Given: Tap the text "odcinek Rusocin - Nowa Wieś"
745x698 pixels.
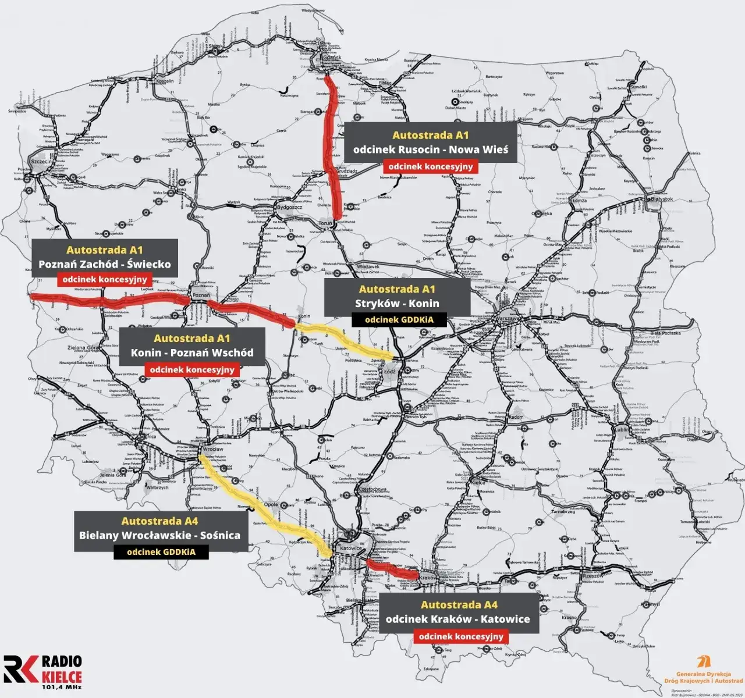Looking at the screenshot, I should [x=430, y=149].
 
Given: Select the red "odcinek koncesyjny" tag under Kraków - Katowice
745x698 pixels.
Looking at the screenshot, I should [x=460, y=636].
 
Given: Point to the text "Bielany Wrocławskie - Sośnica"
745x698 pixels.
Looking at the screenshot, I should [x=159, y=535].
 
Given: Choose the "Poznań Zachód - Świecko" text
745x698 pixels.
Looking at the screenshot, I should [x=104, y=265].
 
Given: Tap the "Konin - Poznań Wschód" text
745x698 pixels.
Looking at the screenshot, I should [x=191, y=353].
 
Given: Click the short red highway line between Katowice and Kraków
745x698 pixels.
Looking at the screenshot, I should [x=393, y=569].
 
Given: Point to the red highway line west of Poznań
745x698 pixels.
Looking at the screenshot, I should [x=111, y=300].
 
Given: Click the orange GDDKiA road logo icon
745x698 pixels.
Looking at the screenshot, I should [x=706, y=662].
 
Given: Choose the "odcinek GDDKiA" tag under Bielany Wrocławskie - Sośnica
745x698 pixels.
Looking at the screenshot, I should [x=161, y=552].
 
